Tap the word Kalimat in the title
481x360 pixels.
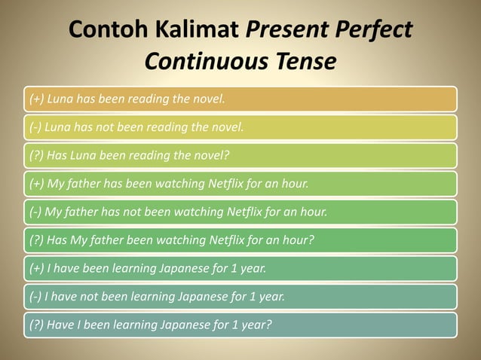point(201,30)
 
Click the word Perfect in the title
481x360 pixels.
point(372,30)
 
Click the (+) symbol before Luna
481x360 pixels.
point(35,99)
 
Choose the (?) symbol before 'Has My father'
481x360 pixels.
point(35,240)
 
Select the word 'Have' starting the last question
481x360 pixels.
point(61,325)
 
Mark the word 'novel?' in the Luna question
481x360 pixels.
point(211,155)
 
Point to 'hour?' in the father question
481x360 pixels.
point(297,240)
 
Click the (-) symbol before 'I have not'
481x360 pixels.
point(34,297)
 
